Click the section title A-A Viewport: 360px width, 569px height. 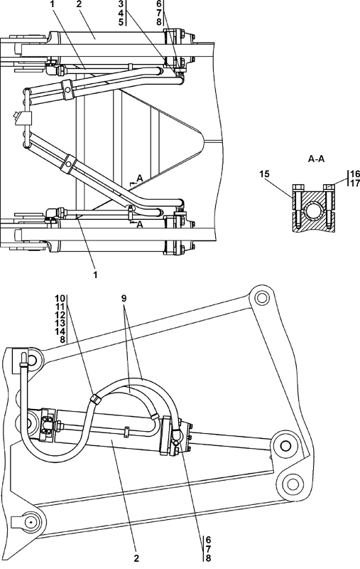pos(316,159)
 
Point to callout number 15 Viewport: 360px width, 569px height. pos(264,174)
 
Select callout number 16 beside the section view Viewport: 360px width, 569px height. pos(354,174)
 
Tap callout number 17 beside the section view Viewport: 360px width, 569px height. pos(354,183)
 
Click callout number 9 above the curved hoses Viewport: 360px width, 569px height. pos(124,299)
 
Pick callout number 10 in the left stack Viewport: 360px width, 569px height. pos(60,298)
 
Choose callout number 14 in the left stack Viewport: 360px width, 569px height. pos(60,331)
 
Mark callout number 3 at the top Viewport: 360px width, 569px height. pos(121,4)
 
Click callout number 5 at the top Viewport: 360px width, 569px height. pos(121,21)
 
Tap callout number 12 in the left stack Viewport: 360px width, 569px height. pos(60,315)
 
